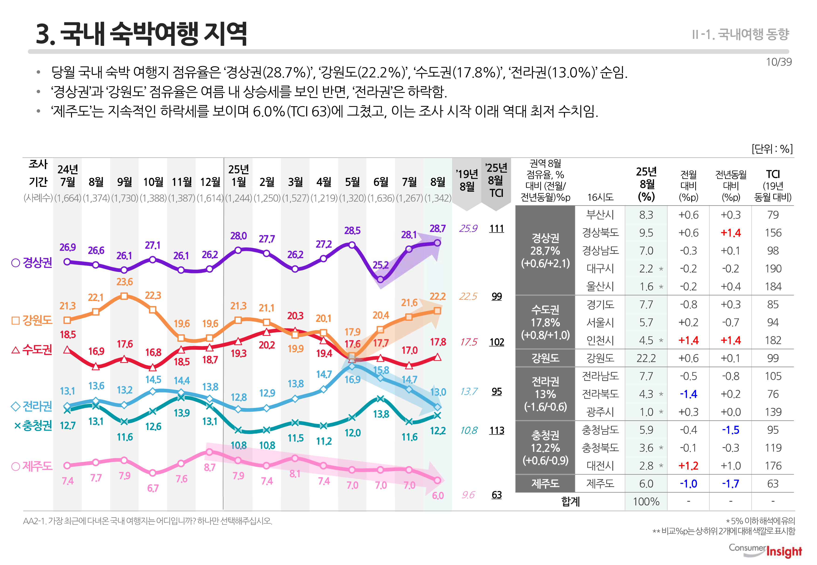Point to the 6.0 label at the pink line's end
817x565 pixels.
438,496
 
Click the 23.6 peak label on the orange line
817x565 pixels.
124,282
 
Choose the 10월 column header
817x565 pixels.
153,182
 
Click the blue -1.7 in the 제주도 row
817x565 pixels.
731,484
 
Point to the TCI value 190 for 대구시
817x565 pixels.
773,269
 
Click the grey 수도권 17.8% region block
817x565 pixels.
545,322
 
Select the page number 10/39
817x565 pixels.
778,62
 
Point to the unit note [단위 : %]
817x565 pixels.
772,149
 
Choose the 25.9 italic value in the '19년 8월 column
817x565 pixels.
468,229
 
